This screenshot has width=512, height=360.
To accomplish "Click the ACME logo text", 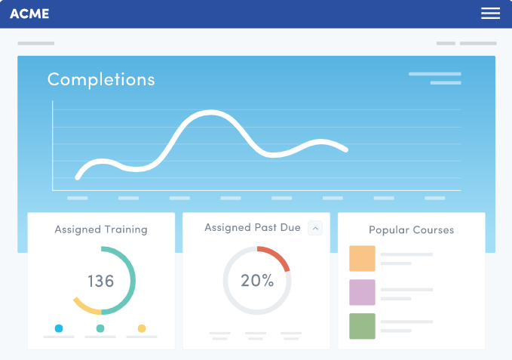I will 29,14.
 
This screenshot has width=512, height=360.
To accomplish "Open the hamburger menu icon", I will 490,14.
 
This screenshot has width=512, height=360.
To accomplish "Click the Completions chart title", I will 101,79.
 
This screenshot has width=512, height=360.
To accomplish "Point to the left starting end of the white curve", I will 78,177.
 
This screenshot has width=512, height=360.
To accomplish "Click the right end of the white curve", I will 345,149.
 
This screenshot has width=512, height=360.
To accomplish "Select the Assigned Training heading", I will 101,229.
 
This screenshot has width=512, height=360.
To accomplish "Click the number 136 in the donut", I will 100,282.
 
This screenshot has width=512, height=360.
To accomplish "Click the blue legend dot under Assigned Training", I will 59,328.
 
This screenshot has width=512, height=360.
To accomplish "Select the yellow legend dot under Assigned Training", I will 142,328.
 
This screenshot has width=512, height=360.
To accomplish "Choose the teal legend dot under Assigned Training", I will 100,328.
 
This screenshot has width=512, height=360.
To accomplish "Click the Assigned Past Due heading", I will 253,227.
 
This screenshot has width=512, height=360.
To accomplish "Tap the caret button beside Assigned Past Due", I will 315,228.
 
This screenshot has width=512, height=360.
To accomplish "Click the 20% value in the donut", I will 257,281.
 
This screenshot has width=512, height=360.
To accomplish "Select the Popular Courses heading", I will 411,229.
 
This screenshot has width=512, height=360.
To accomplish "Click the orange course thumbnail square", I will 362,259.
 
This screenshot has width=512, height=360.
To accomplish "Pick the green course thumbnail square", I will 362,326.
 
